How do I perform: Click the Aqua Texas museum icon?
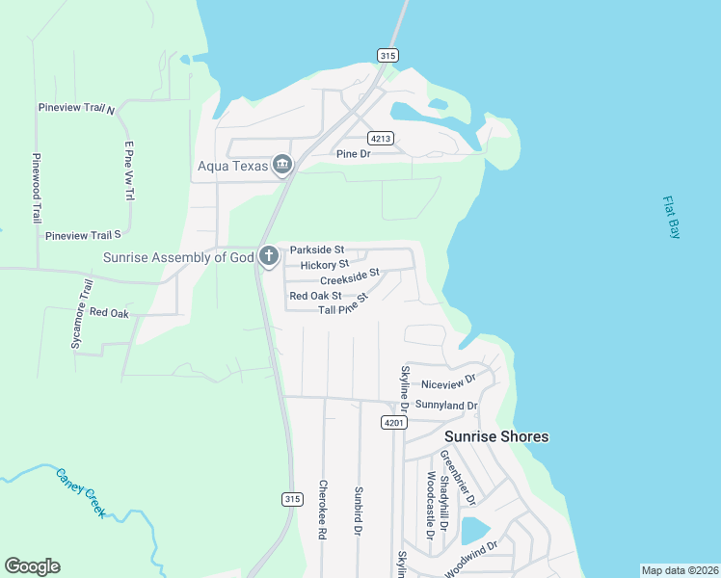[281, 166]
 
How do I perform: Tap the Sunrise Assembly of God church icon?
[268, 256]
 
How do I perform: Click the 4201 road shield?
[392, 423]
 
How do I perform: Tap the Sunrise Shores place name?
[496, 436]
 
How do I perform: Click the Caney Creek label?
[80, 492]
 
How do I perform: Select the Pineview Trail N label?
[76, 109]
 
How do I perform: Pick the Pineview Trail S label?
[83, 235]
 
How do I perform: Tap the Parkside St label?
[317, 250]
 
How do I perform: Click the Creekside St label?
[351, 277]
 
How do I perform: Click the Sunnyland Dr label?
[446, 406]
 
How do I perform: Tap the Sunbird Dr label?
[358, 511]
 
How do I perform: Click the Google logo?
[32, 566]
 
